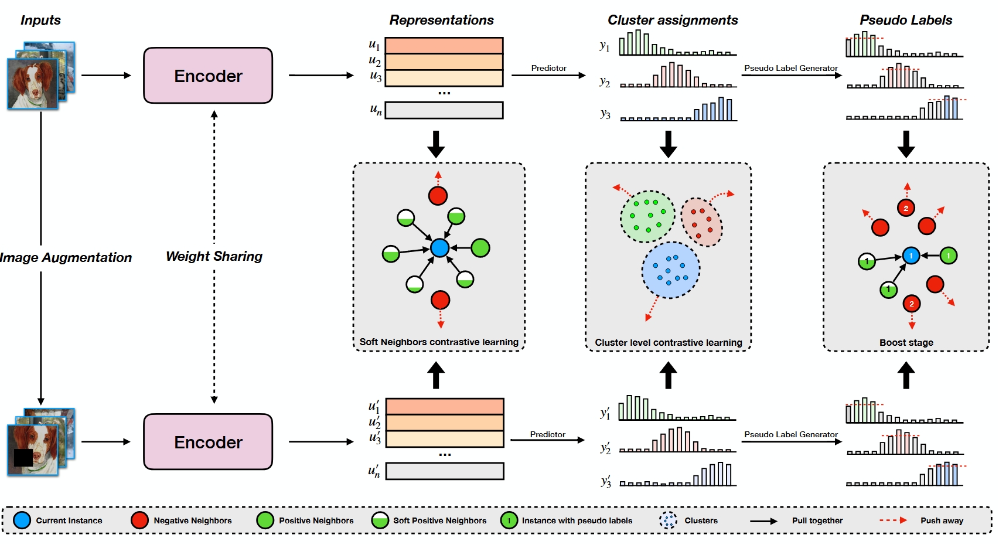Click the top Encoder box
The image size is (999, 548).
coord(208,76)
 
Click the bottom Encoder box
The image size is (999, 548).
coord(208,442)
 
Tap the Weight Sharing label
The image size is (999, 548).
coord(214,256)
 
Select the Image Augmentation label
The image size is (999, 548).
coord(66,257)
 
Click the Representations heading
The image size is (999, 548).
coord(441,20)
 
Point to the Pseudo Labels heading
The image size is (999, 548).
coord(905,20)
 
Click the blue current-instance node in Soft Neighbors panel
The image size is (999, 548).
coord(439,248)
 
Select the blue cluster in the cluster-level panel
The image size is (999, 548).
coord(671,270)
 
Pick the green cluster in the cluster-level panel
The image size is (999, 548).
coord(647,216)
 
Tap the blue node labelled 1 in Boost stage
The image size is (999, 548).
coord(911,256)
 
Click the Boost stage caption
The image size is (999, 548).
coord(906,342)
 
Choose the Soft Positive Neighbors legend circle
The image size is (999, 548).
coord(380,520)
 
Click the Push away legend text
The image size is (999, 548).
coord(942,520)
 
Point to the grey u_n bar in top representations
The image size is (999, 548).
coord(444,110)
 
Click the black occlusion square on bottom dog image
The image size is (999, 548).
coord(23,457)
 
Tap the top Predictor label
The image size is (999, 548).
coord(548,68)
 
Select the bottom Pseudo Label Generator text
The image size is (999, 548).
coord(790,434)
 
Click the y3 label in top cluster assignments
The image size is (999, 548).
coord(605,114)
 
